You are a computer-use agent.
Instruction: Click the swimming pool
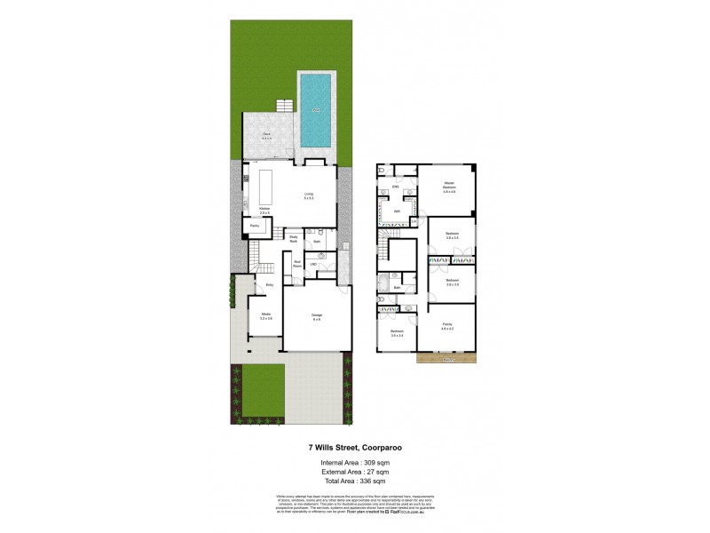tap(315, 111)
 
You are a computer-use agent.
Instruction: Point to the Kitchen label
tap(264, 211)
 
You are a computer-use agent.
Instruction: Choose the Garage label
tap(316, 318)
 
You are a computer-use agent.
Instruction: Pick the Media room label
tap(265, 314)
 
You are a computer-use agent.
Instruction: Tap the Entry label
tap(269, 284)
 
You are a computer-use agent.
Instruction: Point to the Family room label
tap(449, 327)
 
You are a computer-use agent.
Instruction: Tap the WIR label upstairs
tap(398, 211)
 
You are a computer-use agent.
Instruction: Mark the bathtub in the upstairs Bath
tap(387, 286)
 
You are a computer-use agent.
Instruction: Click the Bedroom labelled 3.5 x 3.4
tap(397, 333)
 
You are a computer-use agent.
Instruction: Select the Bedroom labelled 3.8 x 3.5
tap(453, 235)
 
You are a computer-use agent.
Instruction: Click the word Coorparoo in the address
tap(376, 449)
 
